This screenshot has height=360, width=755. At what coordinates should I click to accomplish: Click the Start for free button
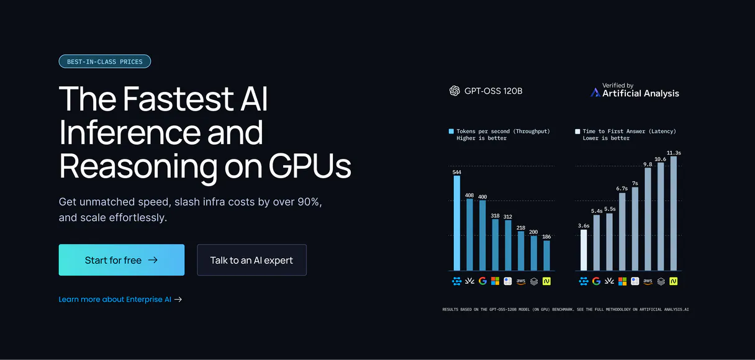(x=121, y=260)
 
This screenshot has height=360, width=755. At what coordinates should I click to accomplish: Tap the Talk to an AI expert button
(x=251, y=260)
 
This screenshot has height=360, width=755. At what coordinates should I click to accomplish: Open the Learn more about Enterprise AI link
(x=120, y=299)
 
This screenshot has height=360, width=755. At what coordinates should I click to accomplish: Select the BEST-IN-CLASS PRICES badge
(x=105, y=61)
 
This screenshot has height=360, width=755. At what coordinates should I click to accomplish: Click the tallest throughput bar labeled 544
(x=457, y=223)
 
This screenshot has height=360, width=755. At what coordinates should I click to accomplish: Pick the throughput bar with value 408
(x=470, y=235)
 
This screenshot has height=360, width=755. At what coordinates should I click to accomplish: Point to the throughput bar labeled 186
(x=546, y=256)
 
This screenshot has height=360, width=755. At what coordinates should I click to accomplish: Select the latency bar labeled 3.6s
(x=584, y=250)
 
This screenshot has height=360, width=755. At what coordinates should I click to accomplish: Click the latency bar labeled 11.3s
(x=674, y=214)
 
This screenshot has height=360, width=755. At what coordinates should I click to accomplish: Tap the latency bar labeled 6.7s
(x=622, y=232)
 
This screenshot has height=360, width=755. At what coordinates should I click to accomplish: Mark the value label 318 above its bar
(x=495, y=215)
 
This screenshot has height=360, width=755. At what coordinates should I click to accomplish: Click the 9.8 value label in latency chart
(x=648, y=164)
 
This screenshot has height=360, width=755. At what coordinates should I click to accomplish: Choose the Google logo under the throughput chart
(x=482, y=281)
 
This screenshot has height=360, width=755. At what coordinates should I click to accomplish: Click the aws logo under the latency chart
(x=648, y=281)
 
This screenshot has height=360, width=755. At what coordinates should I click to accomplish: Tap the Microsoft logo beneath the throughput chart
(x=495, y=281)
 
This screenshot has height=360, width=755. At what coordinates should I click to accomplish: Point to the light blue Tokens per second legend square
(x=451, y=132)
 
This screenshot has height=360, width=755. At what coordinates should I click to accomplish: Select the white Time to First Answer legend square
(x=577, y=132)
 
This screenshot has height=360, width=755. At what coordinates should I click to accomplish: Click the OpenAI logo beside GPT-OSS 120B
(x=454, y=91)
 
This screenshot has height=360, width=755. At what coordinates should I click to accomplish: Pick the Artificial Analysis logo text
(x=641, y=94)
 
